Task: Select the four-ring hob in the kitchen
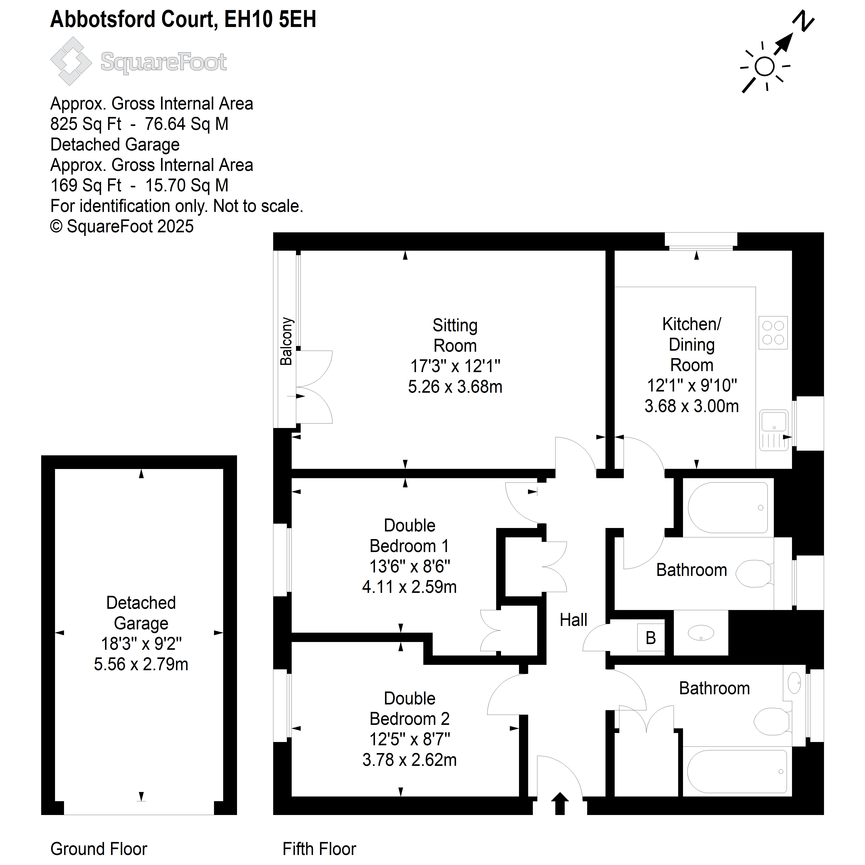pos(773,333)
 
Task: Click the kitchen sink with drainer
pos(774,430)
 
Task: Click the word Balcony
pos(286,341)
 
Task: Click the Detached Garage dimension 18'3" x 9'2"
pos(141,644)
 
